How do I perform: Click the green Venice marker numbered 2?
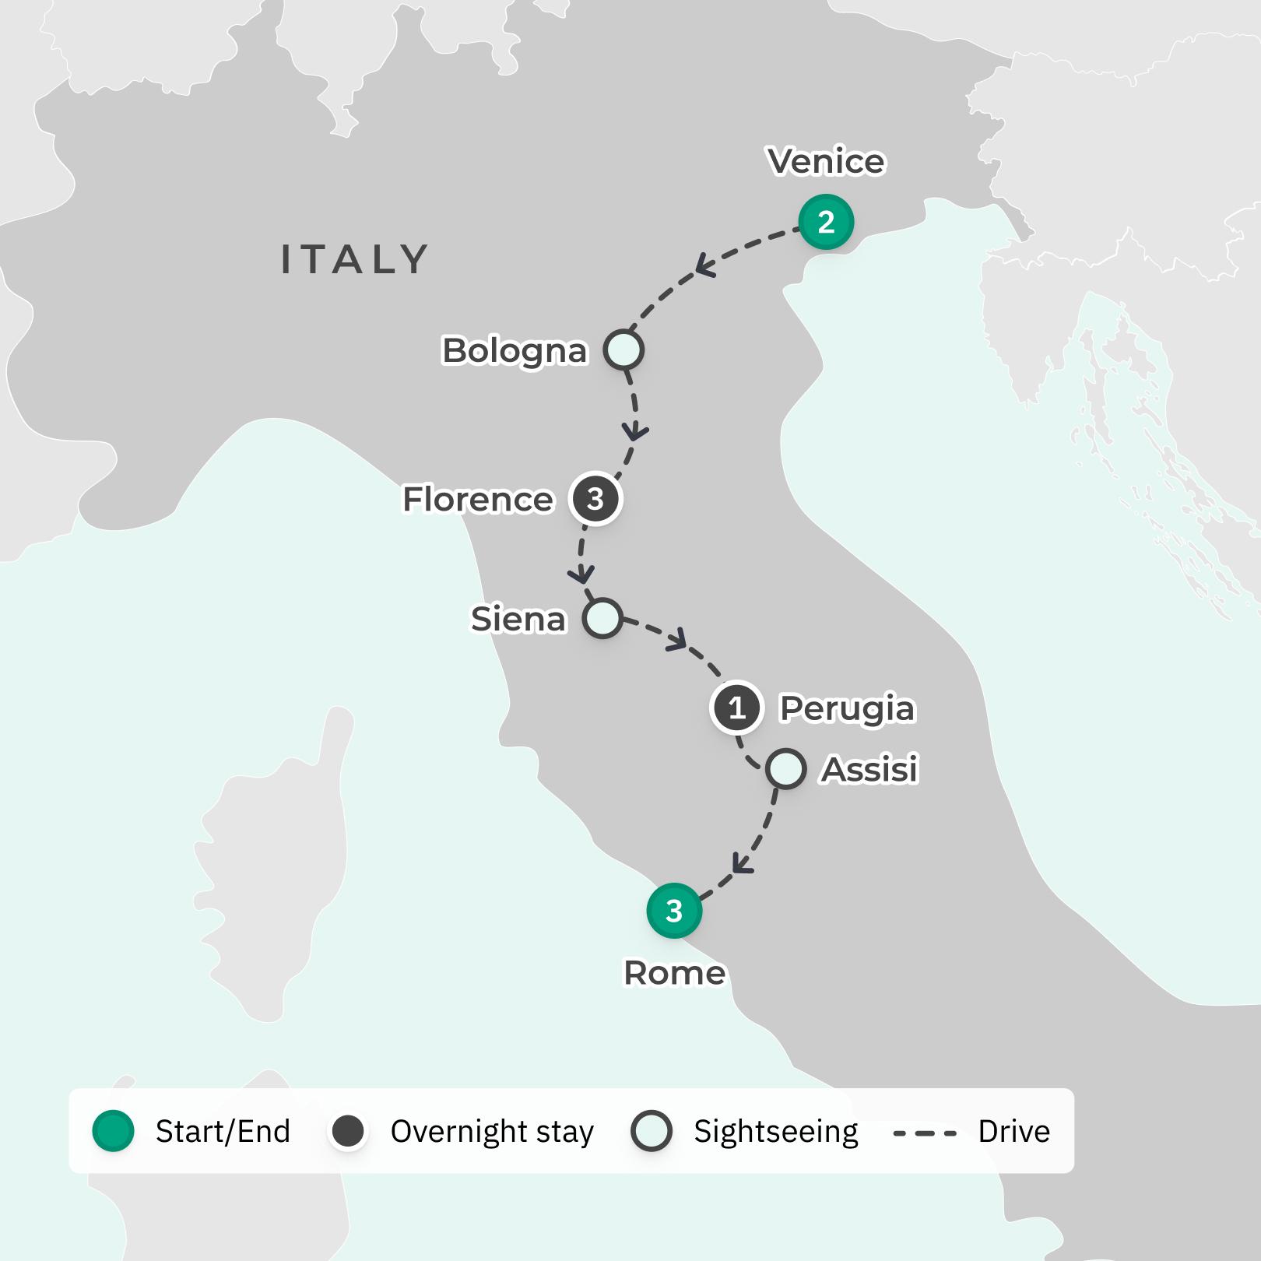pyautogui.click(x=826, y=223)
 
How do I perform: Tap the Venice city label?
pyautogui.click(x=826, y=161)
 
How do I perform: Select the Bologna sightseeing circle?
pyautogui.click(x=624, y=350)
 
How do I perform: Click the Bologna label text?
pyautogui.click(x=515, y=351)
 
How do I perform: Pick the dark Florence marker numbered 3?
pyautogui.click(x=595, y=499)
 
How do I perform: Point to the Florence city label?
pyautogui.click(x=478, y=500)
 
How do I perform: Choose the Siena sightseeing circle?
pyautogui.click(x=603, y=619)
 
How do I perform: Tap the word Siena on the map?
pyautogui.click(x=518, y=620)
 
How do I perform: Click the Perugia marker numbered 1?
pyautogui.click(x=736, y=708)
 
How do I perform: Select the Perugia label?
pyautogui.click(x=847, y=709)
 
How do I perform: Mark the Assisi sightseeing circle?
pyautogui.click(x=785, y=769)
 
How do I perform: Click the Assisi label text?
pyautogui.click(x=870, y=770)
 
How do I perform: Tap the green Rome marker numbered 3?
pyautogui.click(x=674, y=911)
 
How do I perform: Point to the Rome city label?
pyautogui.click(x=675, y=973)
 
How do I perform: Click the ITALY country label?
pyautogui.click(x=355, y=259)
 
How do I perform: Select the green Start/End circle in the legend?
pyautogui.click(x=114, y=1131)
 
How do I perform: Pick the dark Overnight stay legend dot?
pyautogui.click(x=348, y=1131)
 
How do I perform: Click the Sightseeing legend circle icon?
pyautogui.click(x=652, y=1131)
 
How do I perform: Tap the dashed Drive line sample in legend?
pyautogui.click(x=925, y=1133)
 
